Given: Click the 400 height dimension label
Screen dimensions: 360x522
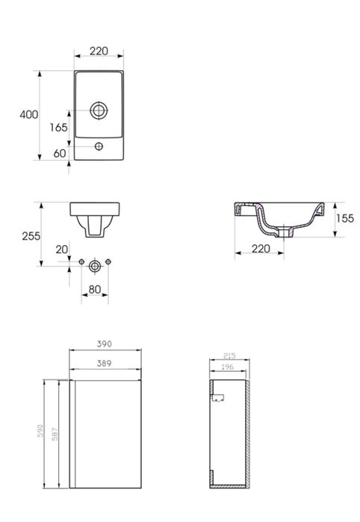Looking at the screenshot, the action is click(x=29, y=114).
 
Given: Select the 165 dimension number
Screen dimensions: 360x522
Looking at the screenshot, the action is click(x=58, y=127).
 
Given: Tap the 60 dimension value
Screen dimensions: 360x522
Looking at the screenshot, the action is click(x=60, y=154).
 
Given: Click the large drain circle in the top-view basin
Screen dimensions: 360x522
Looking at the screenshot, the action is click(x=99, y=110).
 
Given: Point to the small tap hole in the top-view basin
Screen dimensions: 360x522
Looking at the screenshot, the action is click(x=99, y=146).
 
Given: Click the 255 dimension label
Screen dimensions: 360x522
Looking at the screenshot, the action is click(x=31, y=236).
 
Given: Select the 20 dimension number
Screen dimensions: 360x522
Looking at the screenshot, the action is click(x=61, y=249).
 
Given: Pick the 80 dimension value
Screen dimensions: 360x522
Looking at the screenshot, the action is click(x=95, y=290).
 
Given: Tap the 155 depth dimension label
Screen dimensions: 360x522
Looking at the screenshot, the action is click(x=344, y=218).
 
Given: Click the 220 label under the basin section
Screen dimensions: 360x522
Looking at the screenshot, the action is click(x=261, y=249).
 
